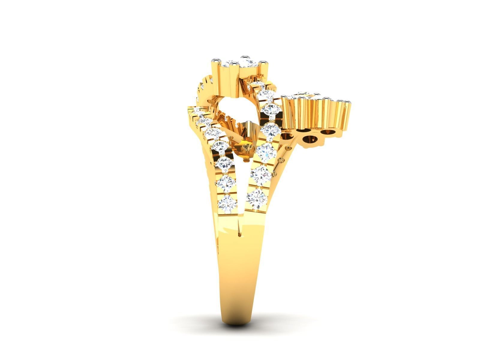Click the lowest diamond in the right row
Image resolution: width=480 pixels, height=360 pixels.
(257, 197)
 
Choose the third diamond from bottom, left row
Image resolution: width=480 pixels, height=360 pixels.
(224, 163)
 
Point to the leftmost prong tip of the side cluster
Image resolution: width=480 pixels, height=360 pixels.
(283, 97)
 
